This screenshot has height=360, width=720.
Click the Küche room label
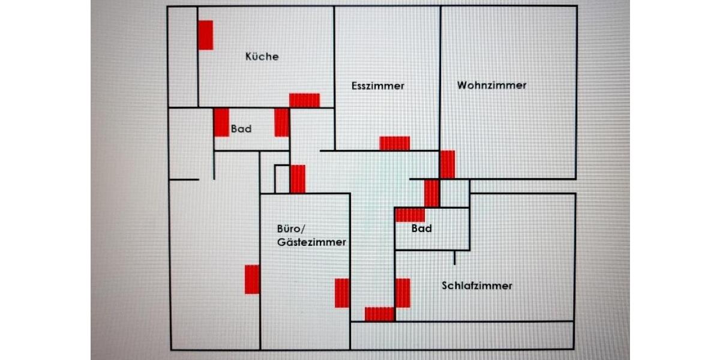[x=262, y=56]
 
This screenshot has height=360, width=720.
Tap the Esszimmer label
[x=377, y=86]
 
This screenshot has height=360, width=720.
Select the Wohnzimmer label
[x=491, y=85]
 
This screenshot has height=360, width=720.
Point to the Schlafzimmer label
[x=477, y=286]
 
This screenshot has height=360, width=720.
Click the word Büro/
[x=292, y=229]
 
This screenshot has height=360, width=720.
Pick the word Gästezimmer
[x=311, y=242]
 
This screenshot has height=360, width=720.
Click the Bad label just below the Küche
[x=241, y=129]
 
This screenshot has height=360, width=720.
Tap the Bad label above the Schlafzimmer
[x=421, y=229]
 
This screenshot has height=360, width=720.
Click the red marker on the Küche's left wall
[x=206, y=35]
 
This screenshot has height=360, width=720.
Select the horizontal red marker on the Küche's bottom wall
[x=304, y=100]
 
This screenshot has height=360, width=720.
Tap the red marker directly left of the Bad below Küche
[x=221, y=122]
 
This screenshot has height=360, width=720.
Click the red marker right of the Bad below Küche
[x=282, y=122]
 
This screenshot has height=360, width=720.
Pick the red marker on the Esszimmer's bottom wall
[x=394, y=143]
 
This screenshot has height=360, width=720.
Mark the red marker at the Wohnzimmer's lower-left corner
[x=447, y=164]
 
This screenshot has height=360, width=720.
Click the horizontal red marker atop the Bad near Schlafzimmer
[x=410, y=215]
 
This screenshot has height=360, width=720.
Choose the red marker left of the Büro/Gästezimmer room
[x=252, y=279]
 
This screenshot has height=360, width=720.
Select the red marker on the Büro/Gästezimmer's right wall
[x=342, y=293]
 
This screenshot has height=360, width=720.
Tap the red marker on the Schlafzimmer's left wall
[x=403, y=293]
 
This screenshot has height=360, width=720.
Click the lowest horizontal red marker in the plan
[x=379, y=314]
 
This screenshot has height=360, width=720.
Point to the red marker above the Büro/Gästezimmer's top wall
[x=298, y=179]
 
